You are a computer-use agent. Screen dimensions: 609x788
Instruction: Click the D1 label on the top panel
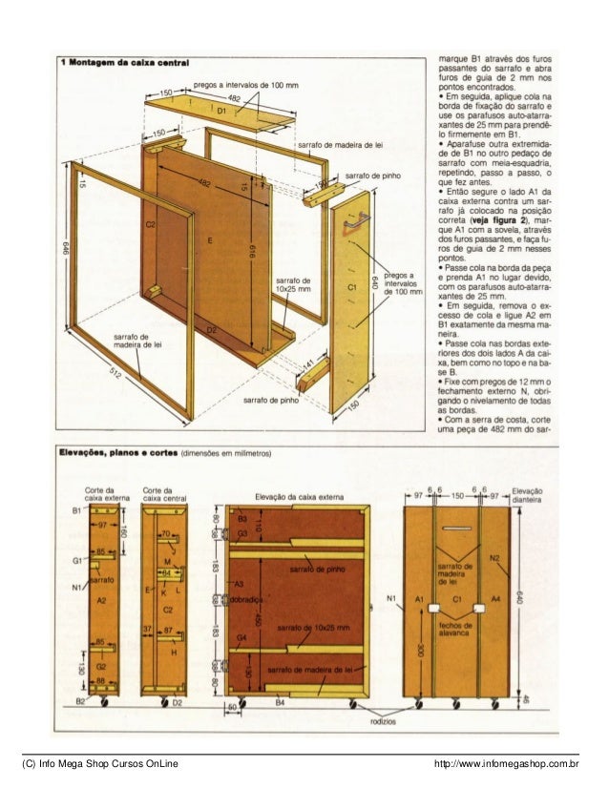(222, 111)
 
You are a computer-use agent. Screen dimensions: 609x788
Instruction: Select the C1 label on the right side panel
(351, 286)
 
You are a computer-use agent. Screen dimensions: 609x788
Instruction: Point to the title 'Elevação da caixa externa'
(297, 496)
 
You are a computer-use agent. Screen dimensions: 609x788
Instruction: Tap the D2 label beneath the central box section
(178, 703)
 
